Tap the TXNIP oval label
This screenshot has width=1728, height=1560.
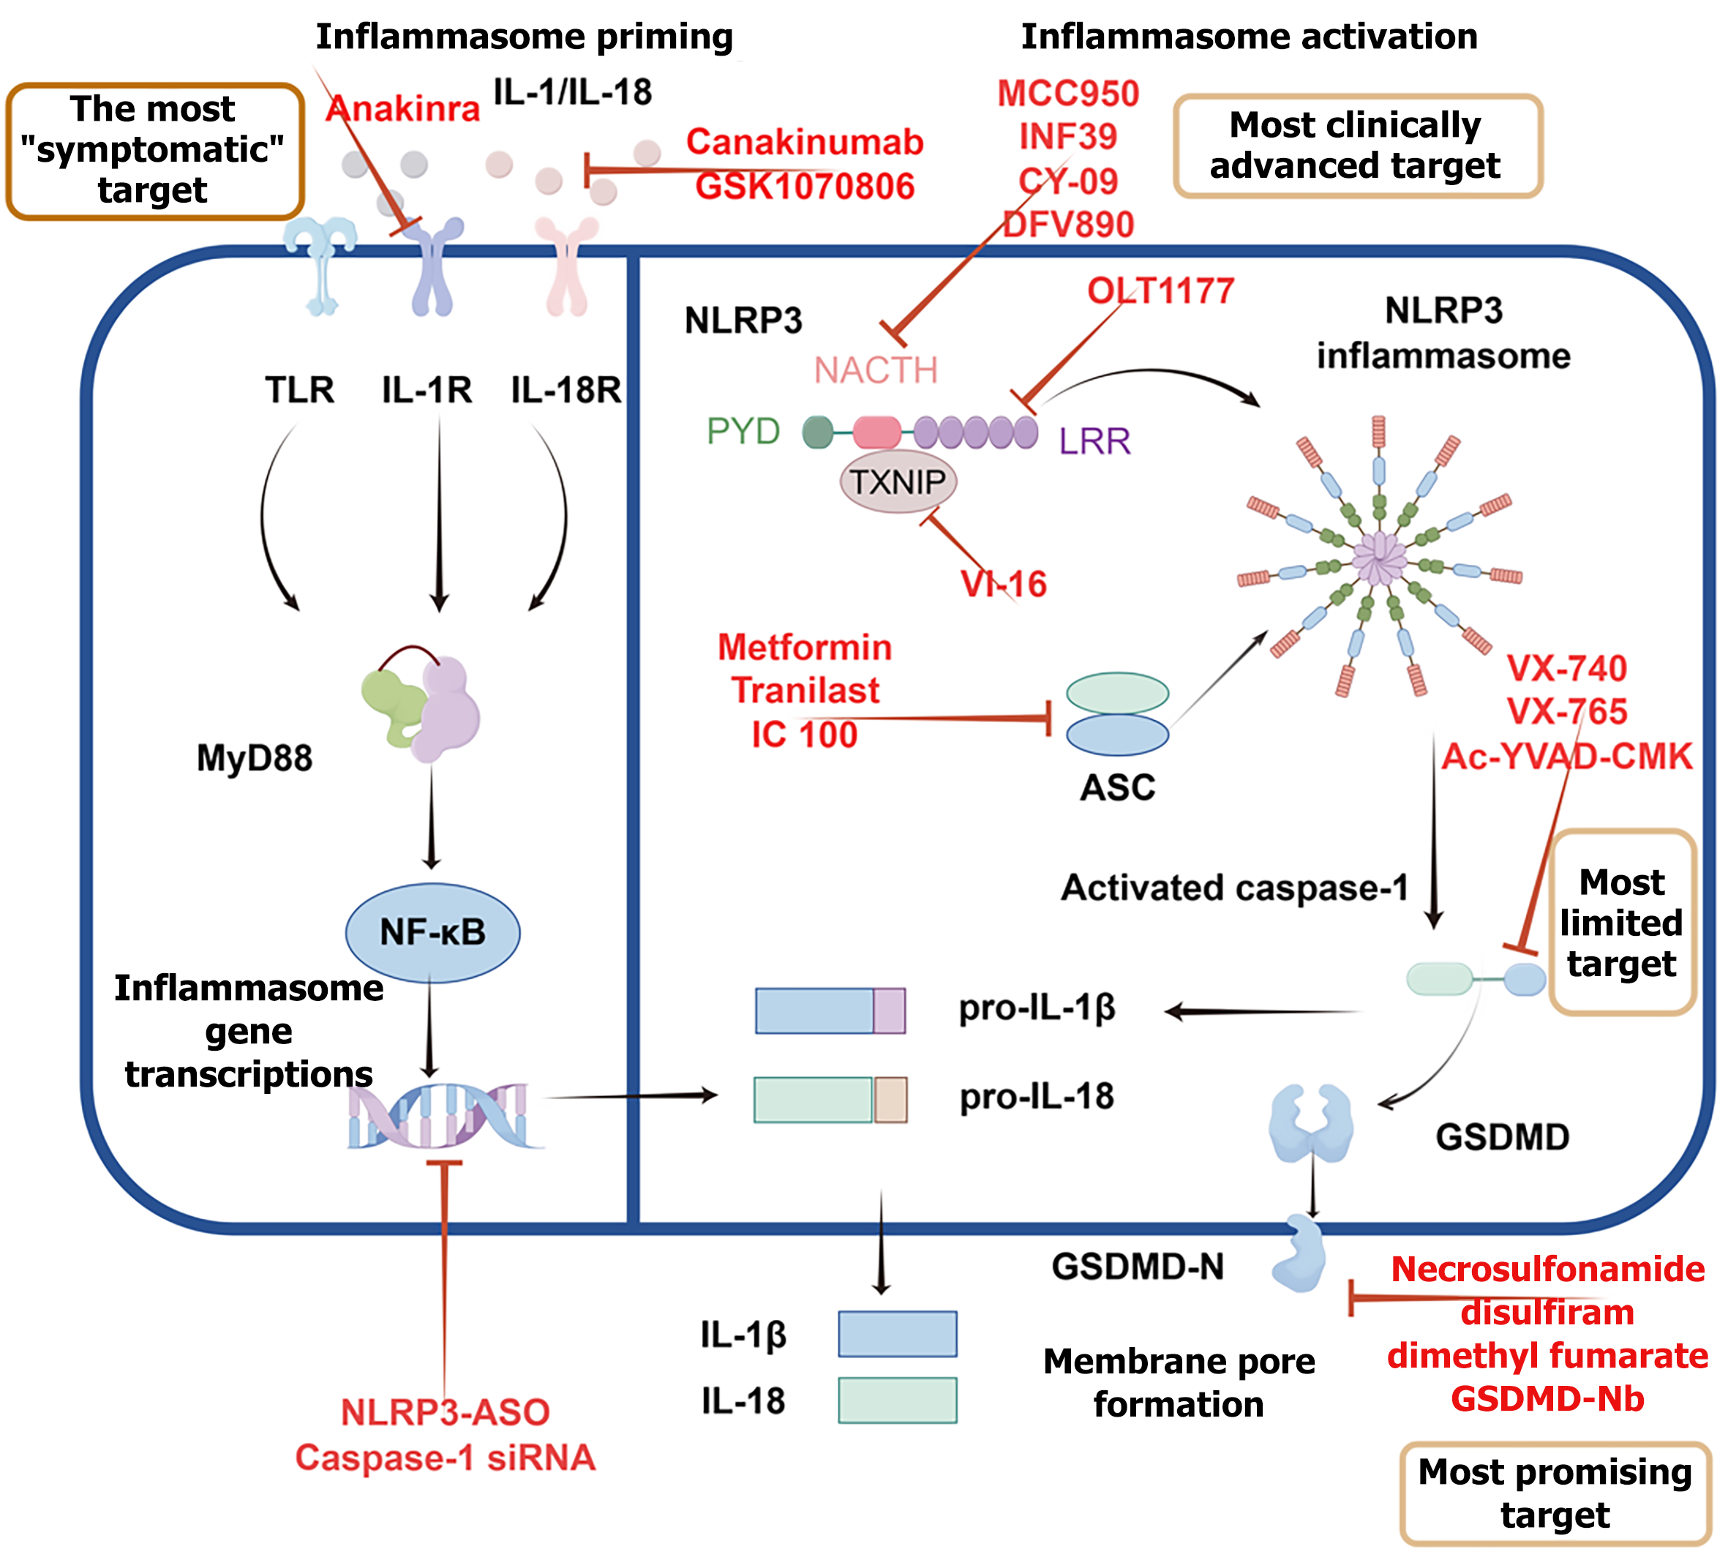click(x=898, y=483)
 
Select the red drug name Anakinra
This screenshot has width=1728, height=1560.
click(x=403, y=109)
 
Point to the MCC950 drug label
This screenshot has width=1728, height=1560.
click(x=1068, y=94)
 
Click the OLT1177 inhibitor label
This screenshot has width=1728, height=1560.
click(x=1160, y=291)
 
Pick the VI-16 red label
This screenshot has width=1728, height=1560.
click(x=1004, y=585)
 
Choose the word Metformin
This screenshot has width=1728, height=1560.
click(x=805, y=647)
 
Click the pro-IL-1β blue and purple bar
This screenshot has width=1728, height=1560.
click(x=830, y=1010)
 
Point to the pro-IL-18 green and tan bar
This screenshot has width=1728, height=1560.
click(x=830, y=1100)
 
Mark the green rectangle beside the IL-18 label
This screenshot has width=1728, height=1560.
click(x=897, y=1400)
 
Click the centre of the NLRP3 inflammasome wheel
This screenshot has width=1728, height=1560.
click(x=1378, y=559)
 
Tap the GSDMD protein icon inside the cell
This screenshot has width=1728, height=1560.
click(x=1310, y=1122)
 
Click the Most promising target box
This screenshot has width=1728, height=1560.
click(x=1555, y=1493)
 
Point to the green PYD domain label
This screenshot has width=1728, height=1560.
click(x=743, y=431)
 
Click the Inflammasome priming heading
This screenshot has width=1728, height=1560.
click(x=525, y=37)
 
